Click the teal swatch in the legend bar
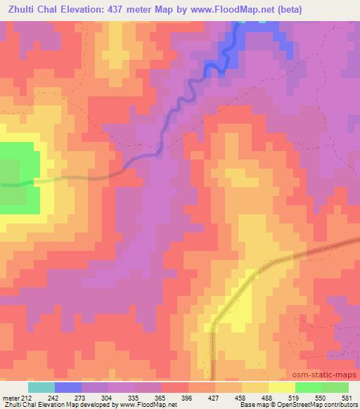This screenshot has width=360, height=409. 41,387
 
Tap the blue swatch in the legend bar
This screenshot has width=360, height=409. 67,387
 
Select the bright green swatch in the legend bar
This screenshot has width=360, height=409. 308,387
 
